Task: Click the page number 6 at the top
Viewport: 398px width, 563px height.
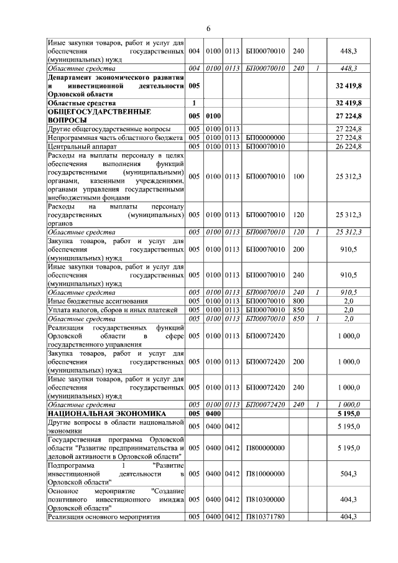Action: click(208, 29)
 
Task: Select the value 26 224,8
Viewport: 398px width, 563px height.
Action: click(348, 146)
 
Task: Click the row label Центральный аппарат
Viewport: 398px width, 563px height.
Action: click(80, 146)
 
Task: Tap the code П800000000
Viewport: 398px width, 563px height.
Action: click(266, 447)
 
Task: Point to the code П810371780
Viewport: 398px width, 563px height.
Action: click(266, 517)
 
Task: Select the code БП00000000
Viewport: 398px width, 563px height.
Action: click(266, 137)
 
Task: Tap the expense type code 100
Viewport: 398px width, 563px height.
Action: click(298, 176)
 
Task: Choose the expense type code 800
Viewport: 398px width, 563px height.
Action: click(298, 300)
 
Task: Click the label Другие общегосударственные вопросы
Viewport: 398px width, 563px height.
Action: click(109, 129)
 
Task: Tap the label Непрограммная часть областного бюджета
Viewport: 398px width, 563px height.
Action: click(115, 137)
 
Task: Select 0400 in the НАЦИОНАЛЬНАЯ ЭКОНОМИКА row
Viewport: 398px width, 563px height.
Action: click(213, 412)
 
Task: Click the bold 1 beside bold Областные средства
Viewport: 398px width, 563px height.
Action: click(194, 103)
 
